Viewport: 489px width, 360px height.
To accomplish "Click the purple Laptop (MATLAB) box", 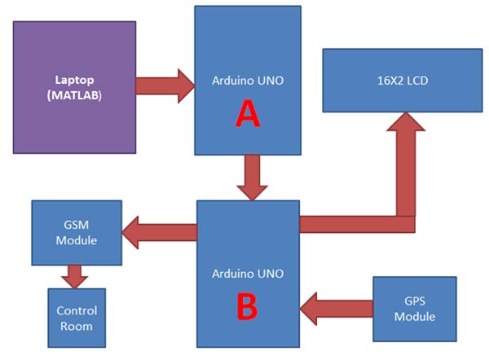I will [x=74, y=87].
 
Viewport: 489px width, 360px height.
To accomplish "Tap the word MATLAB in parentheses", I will [x=74, y=95].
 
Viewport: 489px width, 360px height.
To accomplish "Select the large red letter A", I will [x=247, y=116].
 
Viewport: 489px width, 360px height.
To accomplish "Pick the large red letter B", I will [x=247, y=308].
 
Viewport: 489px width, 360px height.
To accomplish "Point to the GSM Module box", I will [x=77, y=232].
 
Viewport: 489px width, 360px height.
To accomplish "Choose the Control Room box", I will [x=77, y=318].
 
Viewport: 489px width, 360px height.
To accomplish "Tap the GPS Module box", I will [x=414, y=308].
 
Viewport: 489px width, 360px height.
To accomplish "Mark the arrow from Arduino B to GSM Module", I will [x=159, y=233].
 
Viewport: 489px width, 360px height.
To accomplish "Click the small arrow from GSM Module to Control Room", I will [x=75, y=276].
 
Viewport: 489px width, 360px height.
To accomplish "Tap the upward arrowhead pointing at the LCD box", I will [x=405, y=127].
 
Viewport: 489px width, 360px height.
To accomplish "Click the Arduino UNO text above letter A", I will [x=247, y=81].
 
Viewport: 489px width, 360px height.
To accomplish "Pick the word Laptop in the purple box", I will [x=74, y=80].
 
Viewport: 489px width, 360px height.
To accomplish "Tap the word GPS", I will [x=414, y=301].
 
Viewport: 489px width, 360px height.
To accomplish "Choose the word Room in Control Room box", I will [x=77, y=326].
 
